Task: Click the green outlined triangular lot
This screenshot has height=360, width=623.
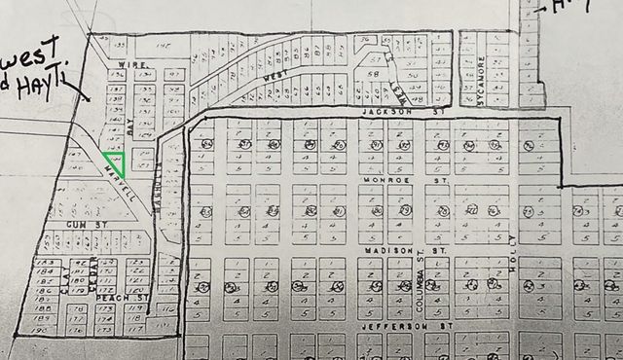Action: coord(116,162)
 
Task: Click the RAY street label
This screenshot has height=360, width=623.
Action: coord(128,126)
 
